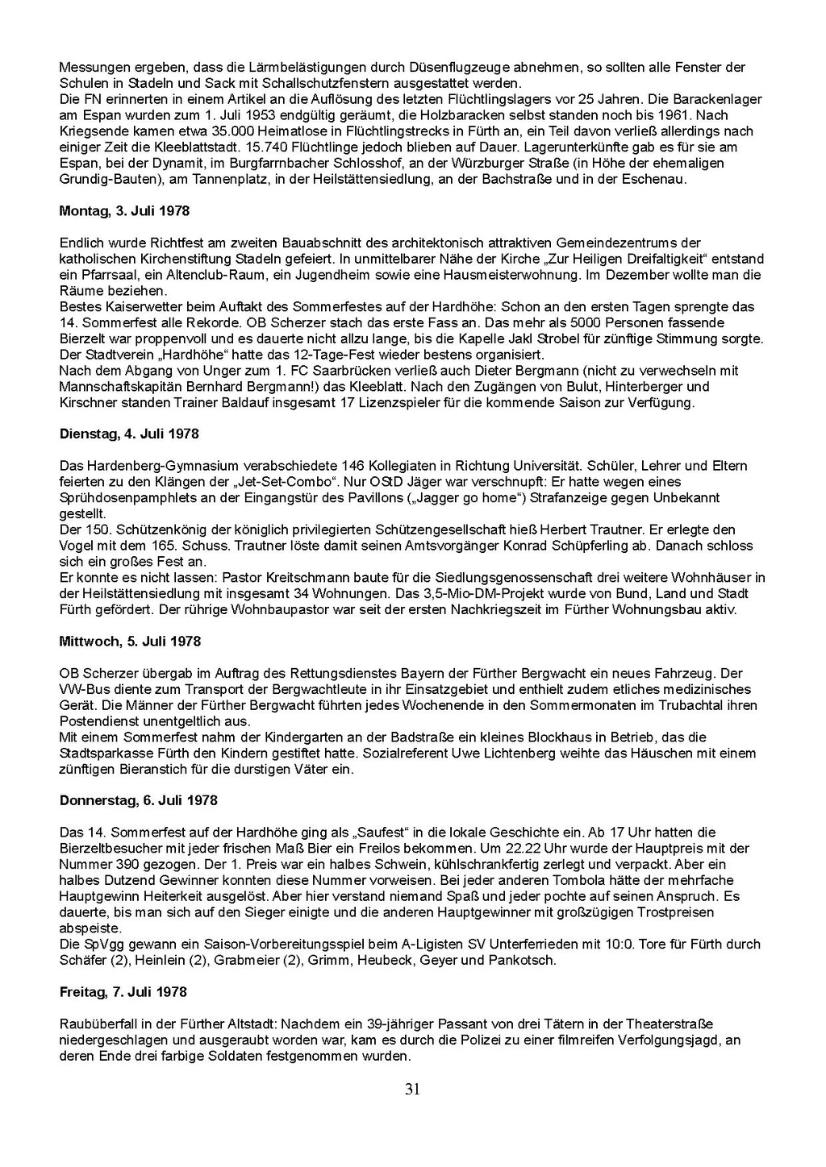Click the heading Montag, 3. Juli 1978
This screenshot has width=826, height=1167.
(x=124, y=211)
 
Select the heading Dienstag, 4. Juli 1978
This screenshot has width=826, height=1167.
(x=129, y=434)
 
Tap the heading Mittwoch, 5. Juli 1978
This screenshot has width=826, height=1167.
(x=129, y=642)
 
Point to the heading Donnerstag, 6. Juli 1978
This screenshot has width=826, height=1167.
(x=138, y=800)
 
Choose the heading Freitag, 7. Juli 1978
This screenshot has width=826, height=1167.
(x=123, y=992)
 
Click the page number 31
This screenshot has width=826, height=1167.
(x=412, y=1090)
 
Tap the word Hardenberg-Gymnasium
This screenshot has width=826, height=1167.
(x=154, y=466)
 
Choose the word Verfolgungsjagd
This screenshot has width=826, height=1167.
(x=666, y=1040)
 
